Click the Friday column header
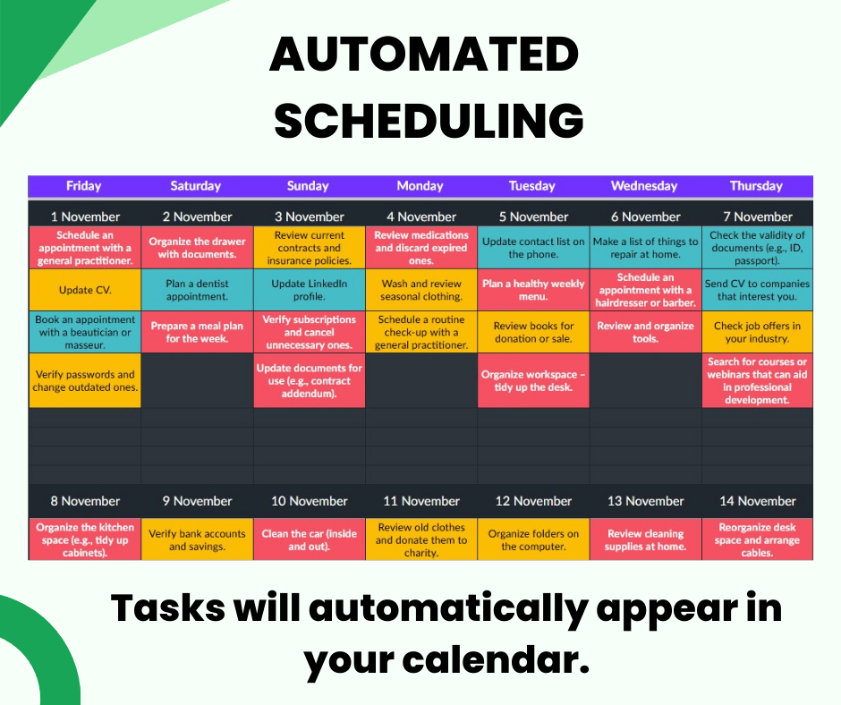point(84,186)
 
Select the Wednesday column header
point(644,186)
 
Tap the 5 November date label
point(533,217)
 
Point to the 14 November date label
point(757,501)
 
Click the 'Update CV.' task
point(85,290)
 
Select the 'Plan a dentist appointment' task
point(197,290)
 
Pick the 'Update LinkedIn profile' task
point(309,290)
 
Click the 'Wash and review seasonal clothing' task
point(421,290)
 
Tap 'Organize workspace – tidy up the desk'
point(533,380)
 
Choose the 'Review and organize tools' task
point(645,332)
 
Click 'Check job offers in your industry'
point(757,332)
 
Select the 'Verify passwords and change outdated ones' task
point(85,380)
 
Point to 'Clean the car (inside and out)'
point(309,539)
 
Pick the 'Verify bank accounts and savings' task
point(197,539)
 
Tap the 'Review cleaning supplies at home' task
point(645,539)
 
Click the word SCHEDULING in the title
point(429,120)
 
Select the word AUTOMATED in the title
point(424,55)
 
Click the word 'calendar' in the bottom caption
point(496,659)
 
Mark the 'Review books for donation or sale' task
point(533,332)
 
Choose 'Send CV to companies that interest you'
point(757,290)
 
